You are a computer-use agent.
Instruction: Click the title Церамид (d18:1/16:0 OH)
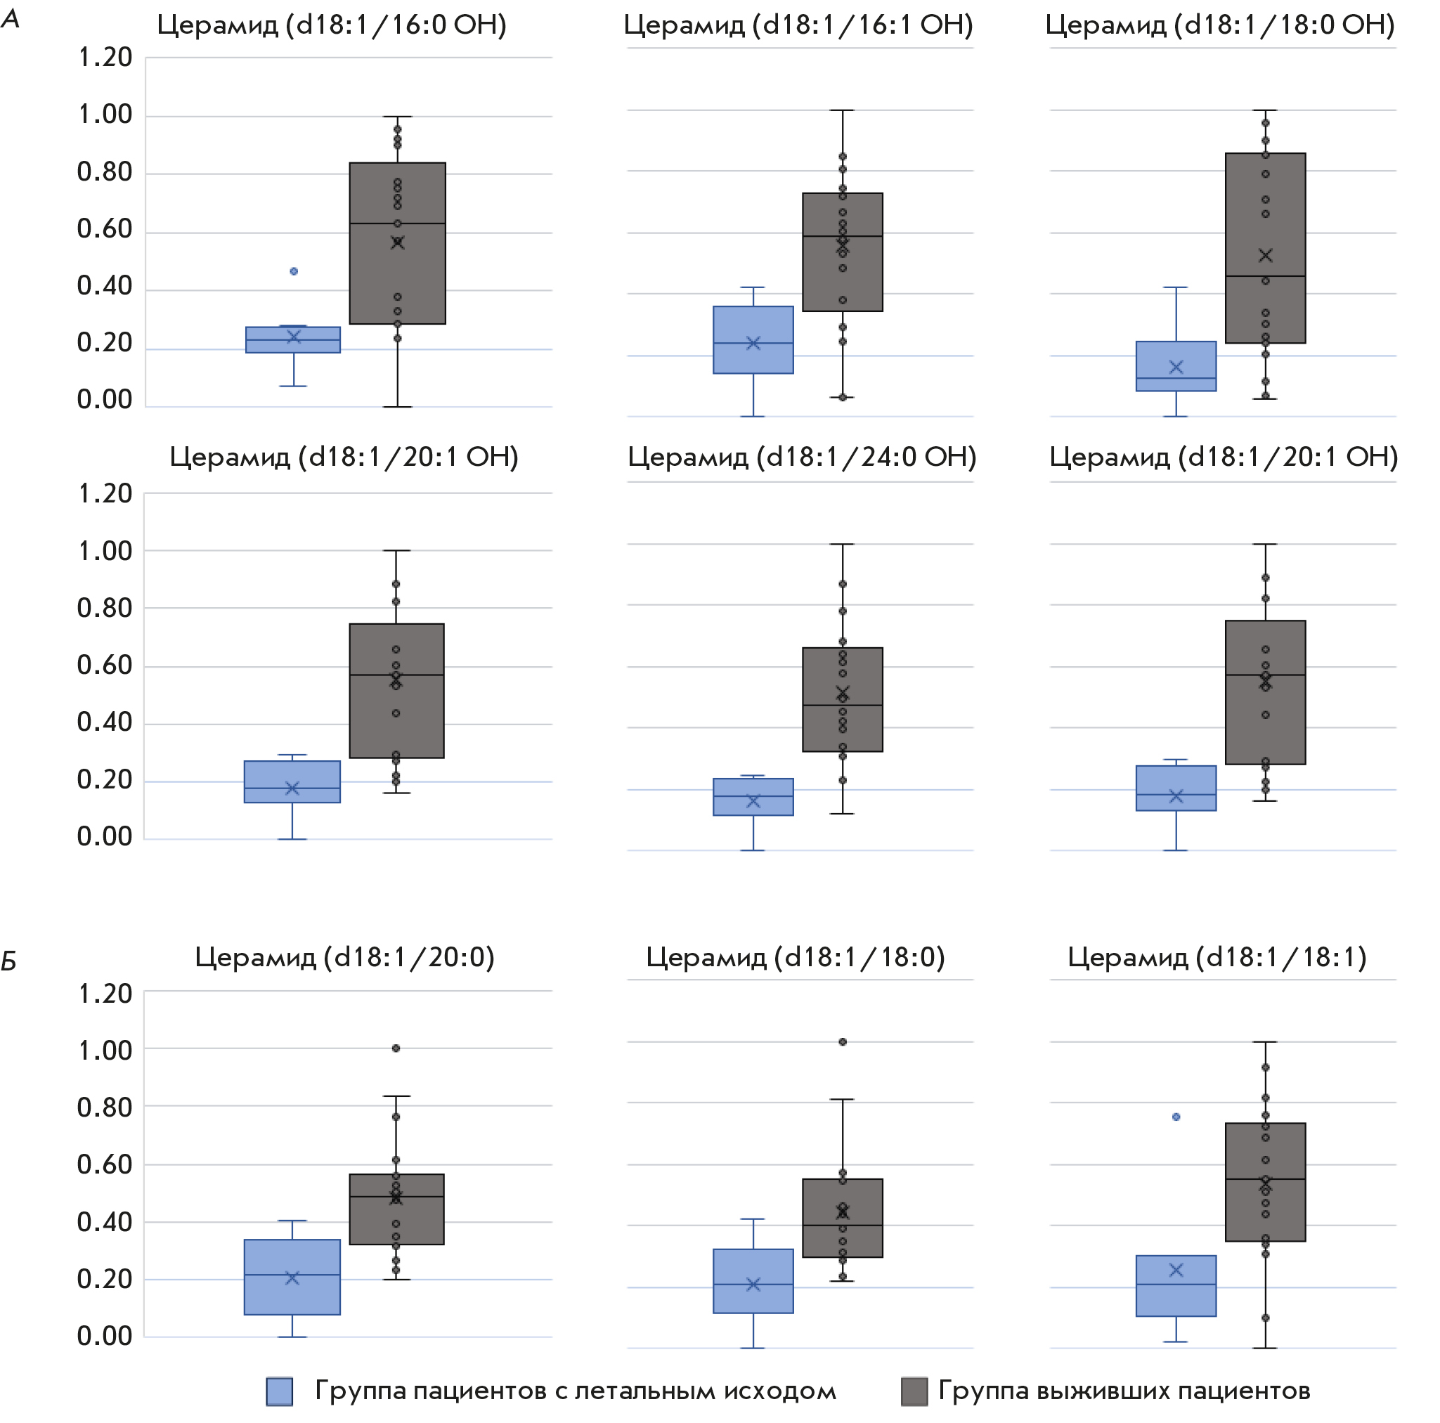(332, 25)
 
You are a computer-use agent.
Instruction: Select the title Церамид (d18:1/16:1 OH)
(798, 25)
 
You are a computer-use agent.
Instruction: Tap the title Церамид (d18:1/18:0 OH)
(1220, 25)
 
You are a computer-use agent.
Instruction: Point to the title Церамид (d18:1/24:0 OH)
(801, 457)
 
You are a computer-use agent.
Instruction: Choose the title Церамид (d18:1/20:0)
(344, 957)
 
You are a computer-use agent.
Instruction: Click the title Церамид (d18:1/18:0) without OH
(796, 957)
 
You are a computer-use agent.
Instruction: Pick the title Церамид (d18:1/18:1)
(1217, 957)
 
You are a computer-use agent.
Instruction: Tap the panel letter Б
(9, 962)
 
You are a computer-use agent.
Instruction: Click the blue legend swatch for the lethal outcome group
(280, 1391)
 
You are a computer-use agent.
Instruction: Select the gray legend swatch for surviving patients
(914, 1391)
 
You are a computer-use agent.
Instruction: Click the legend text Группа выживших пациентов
(1124, 1391)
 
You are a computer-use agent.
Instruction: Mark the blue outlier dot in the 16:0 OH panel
(294, 271)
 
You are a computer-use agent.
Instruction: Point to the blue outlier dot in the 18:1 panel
(1176, 1117)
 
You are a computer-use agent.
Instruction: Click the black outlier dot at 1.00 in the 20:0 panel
(396, 1048)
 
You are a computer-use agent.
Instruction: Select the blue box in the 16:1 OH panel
(753, 340)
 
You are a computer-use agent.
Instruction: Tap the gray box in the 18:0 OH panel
(1265, 248)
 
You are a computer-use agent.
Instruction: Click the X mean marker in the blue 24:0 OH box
(753, 801)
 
